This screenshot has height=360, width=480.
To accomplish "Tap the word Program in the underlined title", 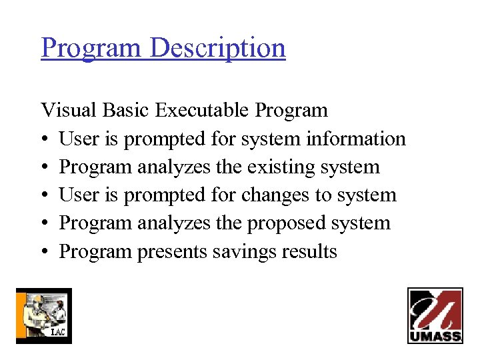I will (x=91, y=48).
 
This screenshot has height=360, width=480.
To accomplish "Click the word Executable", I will (x=205, y=110).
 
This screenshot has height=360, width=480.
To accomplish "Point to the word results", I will (x=309, y=251).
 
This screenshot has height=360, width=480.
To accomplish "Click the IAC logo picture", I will (x=43, y=315).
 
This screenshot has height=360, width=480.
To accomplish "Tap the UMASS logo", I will (x=435, y=315).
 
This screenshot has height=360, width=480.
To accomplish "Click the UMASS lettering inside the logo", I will (x=435, y=336).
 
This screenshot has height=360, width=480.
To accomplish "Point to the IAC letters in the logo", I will (x=58, y=332).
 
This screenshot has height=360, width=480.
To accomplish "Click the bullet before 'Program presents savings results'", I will (x=44, y=252).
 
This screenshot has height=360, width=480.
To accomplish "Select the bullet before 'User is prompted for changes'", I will (x=44, y=195).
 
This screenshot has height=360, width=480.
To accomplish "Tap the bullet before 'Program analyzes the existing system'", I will (x=44, y=167).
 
